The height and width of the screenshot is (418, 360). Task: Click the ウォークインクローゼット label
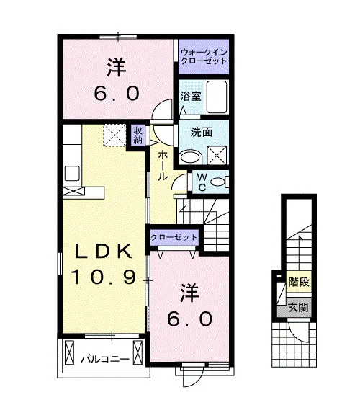click(204, 57)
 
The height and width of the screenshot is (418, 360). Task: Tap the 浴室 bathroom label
click(191, 97)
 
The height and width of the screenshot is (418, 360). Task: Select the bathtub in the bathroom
click(217, 97)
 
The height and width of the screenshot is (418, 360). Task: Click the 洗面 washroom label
click(202, 132)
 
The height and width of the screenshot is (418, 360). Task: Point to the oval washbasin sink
click(190, 157)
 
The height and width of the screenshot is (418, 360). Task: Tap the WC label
click(202, 182)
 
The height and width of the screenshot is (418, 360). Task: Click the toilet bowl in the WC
click(219, 182)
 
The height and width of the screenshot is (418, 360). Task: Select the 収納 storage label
click(138, 135)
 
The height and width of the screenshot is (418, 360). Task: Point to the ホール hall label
click(163, 165)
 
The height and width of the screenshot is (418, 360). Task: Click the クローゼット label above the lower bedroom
click(174, 237)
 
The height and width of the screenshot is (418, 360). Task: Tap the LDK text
click(103, 251)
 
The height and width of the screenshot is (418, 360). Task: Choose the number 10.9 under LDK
click(103, 277)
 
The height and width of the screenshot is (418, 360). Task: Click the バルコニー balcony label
click(105, 360)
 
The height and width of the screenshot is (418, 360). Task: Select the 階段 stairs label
click(299, 282)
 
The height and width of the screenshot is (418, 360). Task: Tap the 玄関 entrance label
click(299, 308)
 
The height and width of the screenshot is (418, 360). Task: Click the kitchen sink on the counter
click(72, 173)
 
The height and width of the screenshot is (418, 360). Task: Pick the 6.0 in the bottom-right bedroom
click(190, 319)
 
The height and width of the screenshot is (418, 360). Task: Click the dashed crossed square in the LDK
click(114, 135)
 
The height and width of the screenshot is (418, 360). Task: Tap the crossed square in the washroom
click(217, 155)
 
